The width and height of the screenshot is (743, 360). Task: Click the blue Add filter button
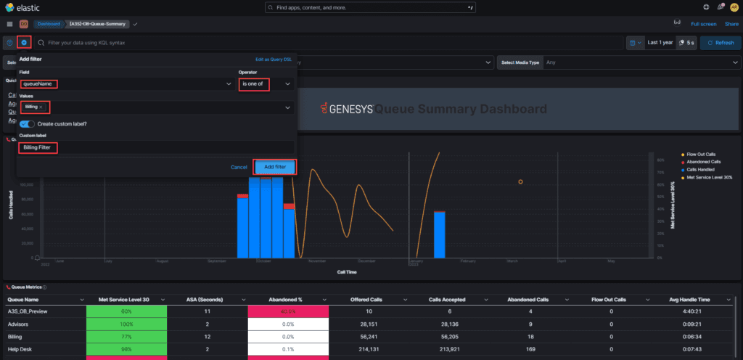click(x=275, y=167)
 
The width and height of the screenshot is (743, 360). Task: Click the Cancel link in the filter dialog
click(x=239, y=167)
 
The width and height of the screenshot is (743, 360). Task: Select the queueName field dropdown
click(x=123, y=84)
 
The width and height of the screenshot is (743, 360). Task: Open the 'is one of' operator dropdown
click(x=266, y=84)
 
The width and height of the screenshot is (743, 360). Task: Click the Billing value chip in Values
click(x=31, y=107)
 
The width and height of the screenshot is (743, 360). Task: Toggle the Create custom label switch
click(x=27, y=124)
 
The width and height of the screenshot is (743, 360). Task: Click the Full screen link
click(x=703, y=24)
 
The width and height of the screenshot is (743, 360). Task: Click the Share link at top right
click(x=731, y=24)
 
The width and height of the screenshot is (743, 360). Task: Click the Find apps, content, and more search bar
click(x=371, y=7)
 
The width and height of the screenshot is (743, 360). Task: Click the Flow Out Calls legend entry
click(x=699, y=155)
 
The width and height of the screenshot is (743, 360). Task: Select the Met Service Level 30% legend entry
click(x=707, y=176)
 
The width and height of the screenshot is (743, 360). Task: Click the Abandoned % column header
click(x=288, y=299)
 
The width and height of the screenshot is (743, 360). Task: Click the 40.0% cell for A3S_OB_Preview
click(x=288, y=311)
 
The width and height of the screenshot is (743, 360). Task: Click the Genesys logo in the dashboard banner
click(x=348, y=109)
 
